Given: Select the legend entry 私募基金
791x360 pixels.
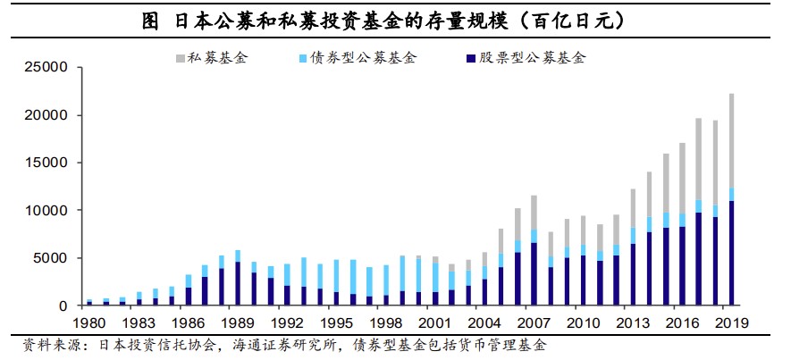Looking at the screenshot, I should click(x=215, y=59).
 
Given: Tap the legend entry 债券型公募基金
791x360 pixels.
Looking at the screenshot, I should click(x=366, y=59).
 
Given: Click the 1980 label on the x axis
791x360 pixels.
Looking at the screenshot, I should click(x=89, y=322).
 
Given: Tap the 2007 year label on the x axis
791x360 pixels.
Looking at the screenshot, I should click(x=534, y=322).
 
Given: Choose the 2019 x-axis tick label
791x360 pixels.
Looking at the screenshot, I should click(x=731, y=322).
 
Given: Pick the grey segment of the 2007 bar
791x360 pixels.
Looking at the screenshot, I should click(x=534, y=212).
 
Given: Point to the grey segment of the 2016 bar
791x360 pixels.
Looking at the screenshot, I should click(x=682, y=178).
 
